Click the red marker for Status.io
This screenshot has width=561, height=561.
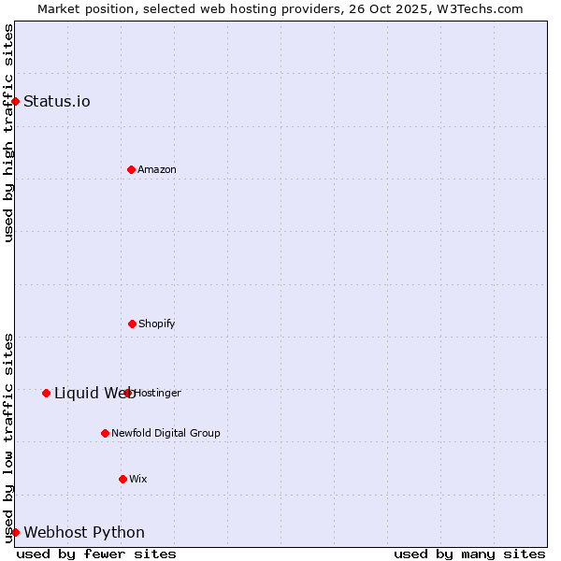pos(15,101)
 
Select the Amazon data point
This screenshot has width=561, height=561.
pos(131,169)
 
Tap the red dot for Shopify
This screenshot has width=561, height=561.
pos(132,324)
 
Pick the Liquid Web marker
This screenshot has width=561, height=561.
pos(46,393)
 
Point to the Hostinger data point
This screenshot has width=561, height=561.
pos(128,393)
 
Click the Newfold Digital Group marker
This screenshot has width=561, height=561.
pos(105,433)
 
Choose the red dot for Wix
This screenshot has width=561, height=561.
pos(122,479)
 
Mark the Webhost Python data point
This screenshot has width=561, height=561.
pos(15,532)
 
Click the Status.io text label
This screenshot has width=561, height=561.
pos(57,101)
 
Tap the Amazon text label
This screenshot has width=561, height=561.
pos(157,169)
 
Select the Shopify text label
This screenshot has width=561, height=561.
pos(157,324)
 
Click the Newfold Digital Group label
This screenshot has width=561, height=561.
pos(165,433)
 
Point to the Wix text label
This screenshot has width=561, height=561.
pos(138,479)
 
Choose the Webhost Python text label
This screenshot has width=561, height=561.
pos(84,532)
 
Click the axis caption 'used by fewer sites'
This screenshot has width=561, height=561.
pos(96,554)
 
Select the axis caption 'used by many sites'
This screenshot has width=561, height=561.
pos(469,554)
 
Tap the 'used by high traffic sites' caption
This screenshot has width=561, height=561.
pos(8,133)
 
